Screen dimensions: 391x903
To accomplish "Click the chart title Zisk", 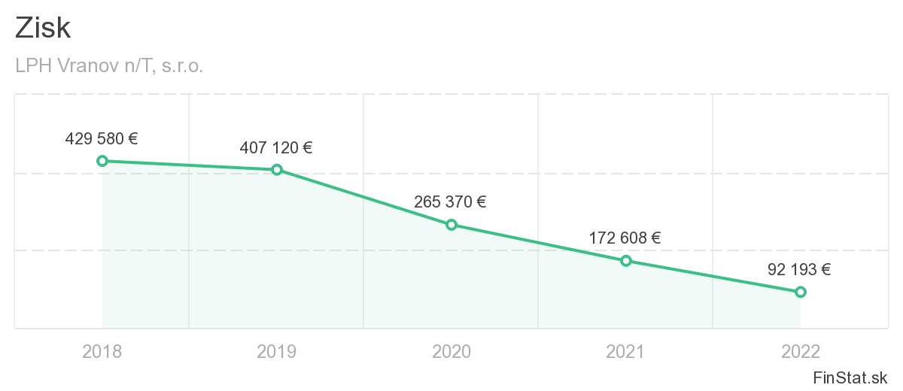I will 43,29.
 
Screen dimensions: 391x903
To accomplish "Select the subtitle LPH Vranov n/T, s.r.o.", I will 109,66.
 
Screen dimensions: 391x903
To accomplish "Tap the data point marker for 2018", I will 102,161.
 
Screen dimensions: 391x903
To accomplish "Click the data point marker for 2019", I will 277,170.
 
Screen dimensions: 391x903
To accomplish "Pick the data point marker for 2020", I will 451,225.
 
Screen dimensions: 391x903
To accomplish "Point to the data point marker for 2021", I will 625,261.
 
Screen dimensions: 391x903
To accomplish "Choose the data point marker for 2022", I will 800,292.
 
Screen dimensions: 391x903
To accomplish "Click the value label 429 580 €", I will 102,139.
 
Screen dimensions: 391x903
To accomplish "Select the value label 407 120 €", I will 276,148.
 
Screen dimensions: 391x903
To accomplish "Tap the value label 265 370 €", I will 450,202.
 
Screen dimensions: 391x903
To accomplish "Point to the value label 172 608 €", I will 625,239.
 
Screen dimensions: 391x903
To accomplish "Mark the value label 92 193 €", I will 799,270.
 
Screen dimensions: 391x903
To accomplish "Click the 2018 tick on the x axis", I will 102,351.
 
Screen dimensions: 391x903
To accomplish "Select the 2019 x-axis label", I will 277,351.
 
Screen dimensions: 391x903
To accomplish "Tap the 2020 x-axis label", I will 451,351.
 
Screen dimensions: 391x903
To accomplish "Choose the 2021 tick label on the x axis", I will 625,351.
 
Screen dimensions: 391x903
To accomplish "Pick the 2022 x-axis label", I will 800,351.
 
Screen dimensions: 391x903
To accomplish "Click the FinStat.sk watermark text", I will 850,377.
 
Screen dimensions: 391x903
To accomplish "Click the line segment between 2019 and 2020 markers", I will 364,198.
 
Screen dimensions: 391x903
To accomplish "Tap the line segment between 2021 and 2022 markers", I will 713,276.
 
